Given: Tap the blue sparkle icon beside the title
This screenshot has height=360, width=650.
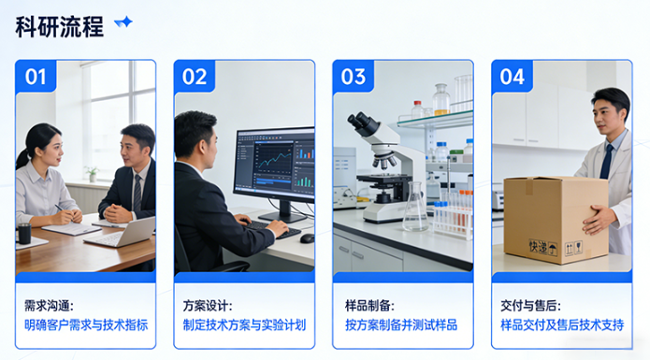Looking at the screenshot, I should [x=123, y=23].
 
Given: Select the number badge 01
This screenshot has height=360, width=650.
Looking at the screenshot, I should [x=35, y=77].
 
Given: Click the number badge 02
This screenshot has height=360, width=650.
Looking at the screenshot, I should [x=194, y=77].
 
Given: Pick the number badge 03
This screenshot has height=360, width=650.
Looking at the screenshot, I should [x=354, y=77].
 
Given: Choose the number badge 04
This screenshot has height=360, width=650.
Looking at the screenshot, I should [x=513, y=77].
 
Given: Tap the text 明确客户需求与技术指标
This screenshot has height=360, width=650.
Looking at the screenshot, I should [x=86, y=325].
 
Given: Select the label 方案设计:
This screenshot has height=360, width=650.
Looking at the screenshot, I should [x=208, y=305].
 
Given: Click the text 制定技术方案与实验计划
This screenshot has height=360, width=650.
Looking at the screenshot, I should [x=245, y=325].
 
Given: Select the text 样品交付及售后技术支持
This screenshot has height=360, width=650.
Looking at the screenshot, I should [x=562, y=325].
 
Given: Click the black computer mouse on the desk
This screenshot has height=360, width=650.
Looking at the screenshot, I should [x=307, y=238].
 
